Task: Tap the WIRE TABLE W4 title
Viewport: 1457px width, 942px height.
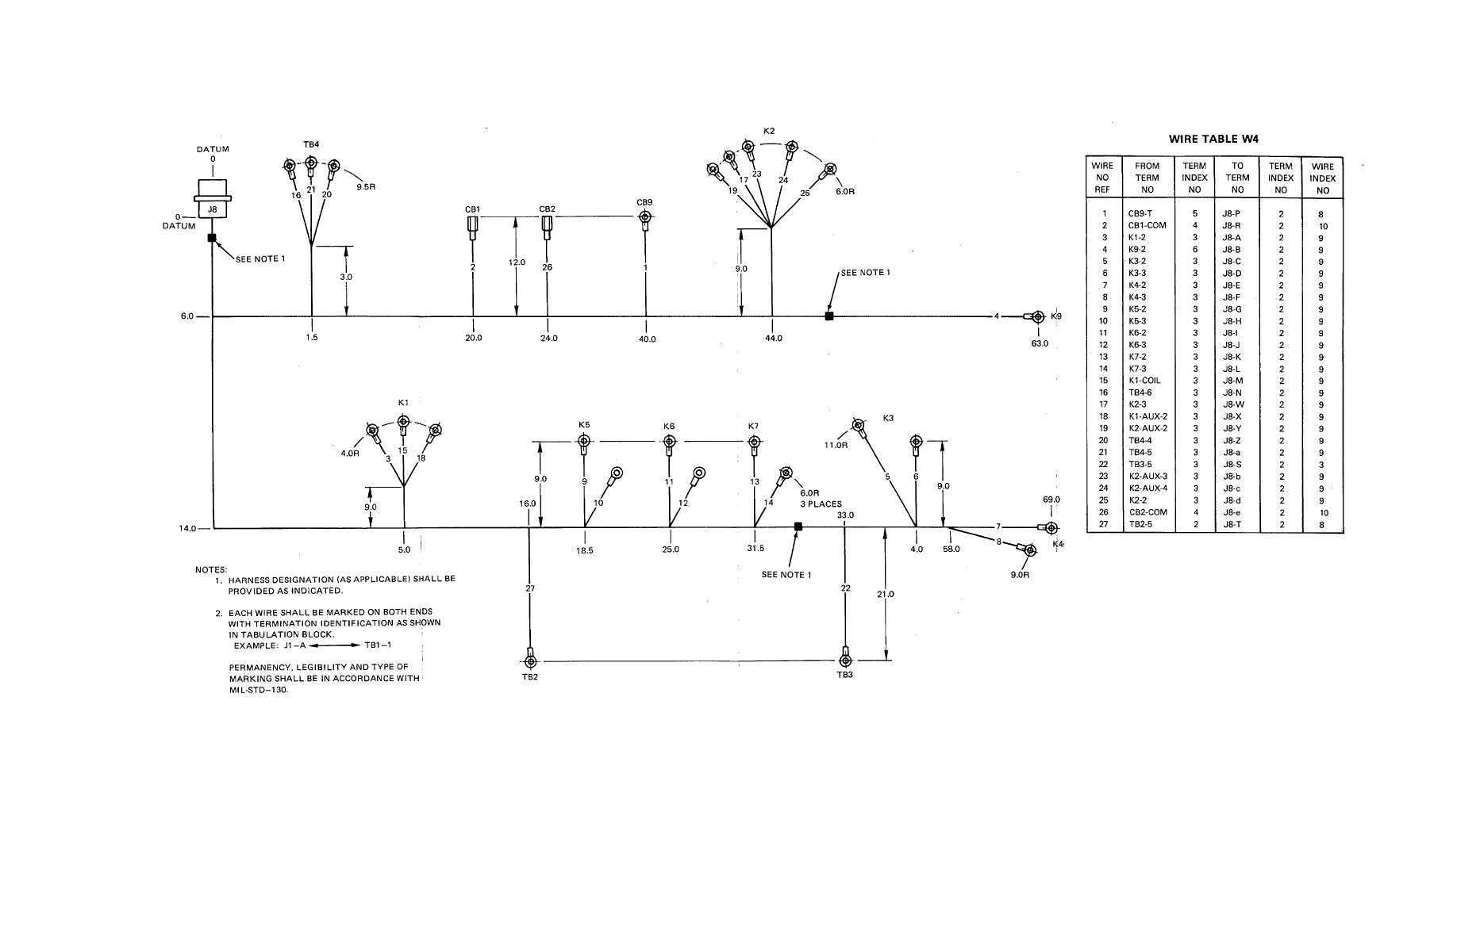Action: [x=1213, y=139]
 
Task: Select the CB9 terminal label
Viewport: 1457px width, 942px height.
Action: [x=644, y=202]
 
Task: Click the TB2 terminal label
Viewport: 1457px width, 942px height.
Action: [x=530, y=676]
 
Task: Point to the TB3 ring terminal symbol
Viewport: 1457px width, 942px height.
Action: [x=845, y=661]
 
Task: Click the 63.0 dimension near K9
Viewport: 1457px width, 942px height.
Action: [x=1040, y=343]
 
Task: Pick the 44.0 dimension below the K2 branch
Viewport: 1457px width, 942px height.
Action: [x=774, y=339]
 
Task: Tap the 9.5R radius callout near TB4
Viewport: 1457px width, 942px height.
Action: [x=366, y=187]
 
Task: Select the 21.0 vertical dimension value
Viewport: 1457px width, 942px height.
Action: [x=886, y=594]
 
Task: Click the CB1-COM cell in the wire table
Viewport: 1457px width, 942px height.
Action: [x=1147, y=225]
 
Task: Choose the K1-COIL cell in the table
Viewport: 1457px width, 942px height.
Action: [x=1144, y=381]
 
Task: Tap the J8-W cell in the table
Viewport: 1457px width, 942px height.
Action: [x=1233, y=404]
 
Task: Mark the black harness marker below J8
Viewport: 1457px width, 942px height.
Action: [x=212, y=238]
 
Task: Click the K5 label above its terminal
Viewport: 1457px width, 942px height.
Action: [x=584, y=425]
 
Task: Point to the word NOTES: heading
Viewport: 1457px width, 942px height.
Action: [x=211, y=569]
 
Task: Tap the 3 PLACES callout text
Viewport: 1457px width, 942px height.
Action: [x=821, y=504]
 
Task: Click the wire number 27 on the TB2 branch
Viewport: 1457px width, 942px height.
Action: [x=530, y=588]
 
